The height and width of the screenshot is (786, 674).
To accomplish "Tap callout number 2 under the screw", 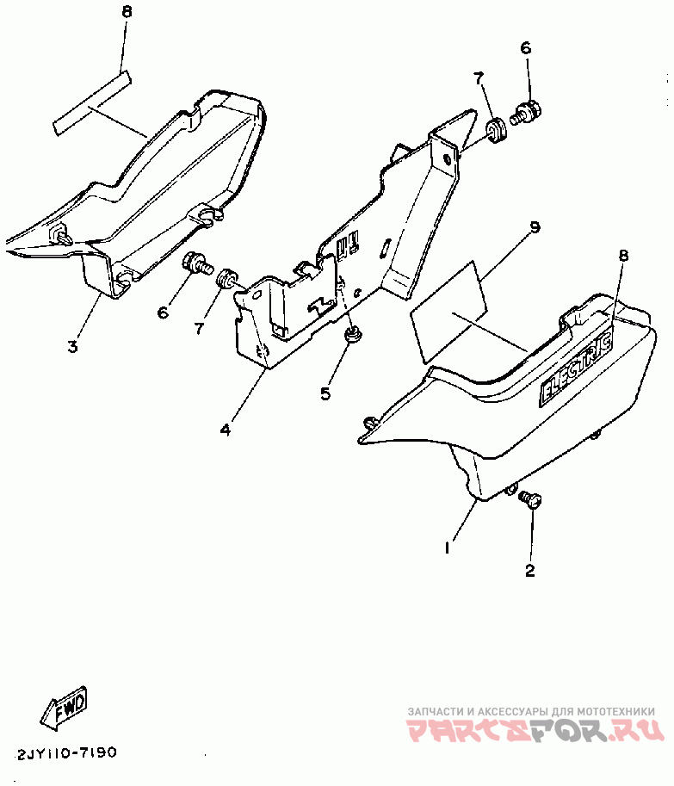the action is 530,569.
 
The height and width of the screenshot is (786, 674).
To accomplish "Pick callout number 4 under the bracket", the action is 225,429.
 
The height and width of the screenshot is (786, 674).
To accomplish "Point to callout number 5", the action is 325,393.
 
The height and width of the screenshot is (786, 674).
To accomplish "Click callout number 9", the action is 535,227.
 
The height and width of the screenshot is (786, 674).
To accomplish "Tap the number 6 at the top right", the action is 526,48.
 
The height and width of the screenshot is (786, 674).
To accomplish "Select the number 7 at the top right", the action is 479,79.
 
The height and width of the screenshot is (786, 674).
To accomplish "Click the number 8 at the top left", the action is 127,12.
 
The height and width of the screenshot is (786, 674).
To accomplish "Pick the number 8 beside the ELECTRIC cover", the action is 623,255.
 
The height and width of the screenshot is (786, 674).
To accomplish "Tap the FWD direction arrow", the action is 63,709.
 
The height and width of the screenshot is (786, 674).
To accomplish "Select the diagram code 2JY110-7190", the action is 66,752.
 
